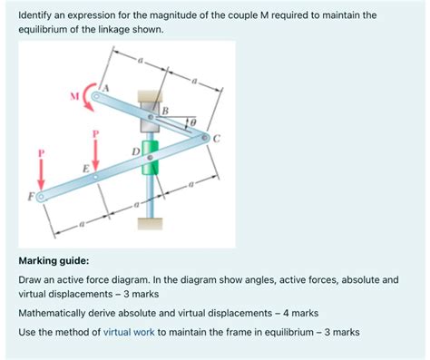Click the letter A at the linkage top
106,87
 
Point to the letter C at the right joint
217,138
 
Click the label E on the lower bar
86,169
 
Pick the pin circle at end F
39,195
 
